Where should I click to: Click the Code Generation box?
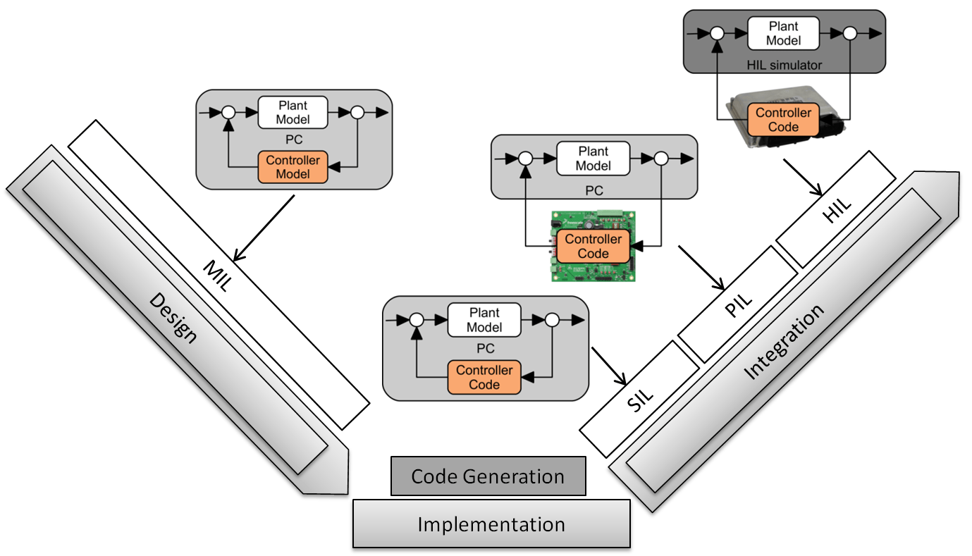pos(488,476)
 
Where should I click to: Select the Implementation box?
pos(491,524)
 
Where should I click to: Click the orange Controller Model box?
pos(293,167)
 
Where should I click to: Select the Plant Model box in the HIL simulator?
pos(783,33)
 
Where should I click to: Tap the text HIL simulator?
pos(783,65)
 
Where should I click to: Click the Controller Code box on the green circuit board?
pos(593,246)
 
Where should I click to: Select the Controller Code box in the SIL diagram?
pos(484,377)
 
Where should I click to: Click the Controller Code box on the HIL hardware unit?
pos(783,120)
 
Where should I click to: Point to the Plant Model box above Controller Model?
pos(293,112)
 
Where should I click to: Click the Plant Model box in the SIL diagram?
pos(484,320)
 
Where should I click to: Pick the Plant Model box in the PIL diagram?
pos(593,159)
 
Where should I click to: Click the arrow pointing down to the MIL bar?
pos(264,228)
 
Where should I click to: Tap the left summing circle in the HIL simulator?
pos(717,33)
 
